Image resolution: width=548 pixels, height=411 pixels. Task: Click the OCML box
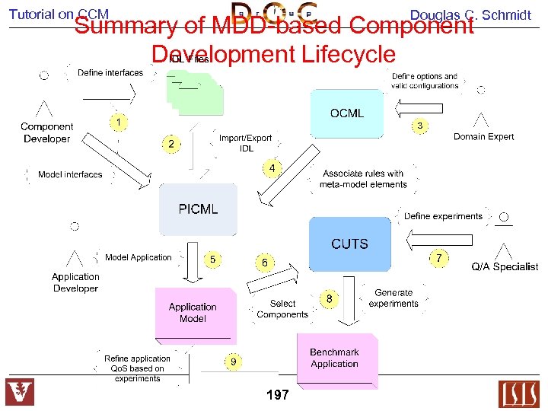coord(346,114)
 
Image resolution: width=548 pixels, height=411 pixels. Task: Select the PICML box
coord(198,209)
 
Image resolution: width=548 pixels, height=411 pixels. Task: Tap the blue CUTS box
coord(349,244)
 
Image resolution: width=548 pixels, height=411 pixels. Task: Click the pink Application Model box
coord(193,312)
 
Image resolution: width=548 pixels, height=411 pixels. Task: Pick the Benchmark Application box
coord(335,358)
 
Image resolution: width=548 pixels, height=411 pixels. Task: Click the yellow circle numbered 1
coord(119,122)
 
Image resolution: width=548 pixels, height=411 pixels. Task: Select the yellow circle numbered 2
coord(171,143)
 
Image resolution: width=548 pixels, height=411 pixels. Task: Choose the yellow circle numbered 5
coord(213,260)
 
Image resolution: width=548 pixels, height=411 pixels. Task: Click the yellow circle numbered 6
coord(264,263)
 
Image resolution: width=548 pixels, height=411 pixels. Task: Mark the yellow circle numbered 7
coord(438,258)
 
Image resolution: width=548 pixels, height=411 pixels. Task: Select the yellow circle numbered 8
coord(329,299)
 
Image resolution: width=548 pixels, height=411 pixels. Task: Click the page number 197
coord(278,395)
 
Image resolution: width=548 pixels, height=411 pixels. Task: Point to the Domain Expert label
coord(483,137)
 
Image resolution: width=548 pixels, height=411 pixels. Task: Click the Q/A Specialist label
coord(505,266)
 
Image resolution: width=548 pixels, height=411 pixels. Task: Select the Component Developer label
coord(46,132)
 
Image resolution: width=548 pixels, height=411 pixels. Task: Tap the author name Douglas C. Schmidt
coord(470,15)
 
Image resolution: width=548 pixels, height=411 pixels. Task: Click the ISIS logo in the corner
coord(518,393)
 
